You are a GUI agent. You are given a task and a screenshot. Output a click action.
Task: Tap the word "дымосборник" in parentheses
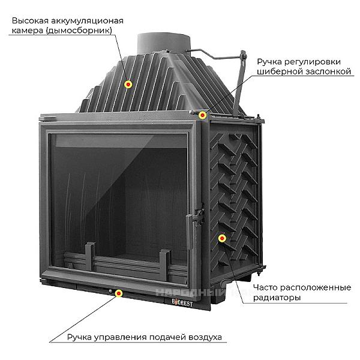click(x=80, y=31)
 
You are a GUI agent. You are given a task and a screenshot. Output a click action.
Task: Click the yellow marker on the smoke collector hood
click(x=128, y=85)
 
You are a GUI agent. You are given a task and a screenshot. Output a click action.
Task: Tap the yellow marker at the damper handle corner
click(x=203, y=115)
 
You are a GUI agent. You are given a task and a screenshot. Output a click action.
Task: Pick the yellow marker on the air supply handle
click(x=119, y=293)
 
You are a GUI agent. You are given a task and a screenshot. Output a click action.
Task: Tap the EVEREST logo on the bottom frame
click(x=178, y=298)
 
